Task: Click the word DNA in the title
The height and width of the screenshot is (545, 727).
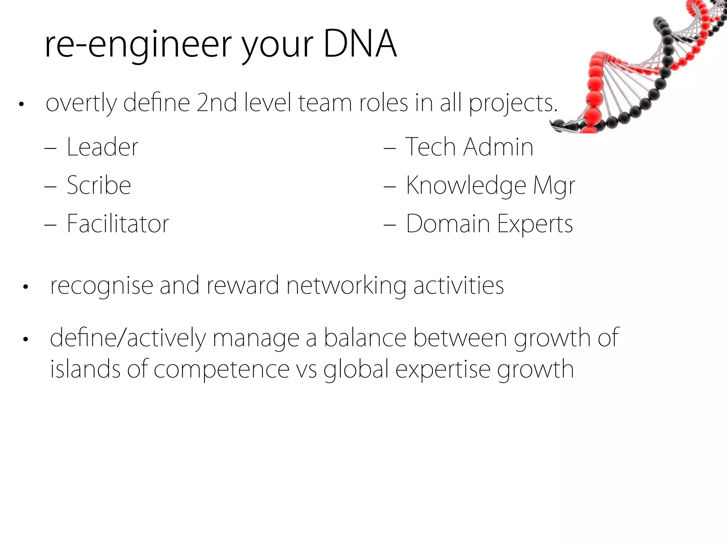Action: [360, 44]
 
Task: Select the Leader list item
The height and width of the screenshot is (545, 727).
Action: [102, 147]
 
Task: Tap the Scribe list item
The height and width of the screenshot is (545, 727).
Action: [99, 185]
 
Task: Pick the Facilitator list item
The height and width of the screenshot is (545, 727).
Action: [118, 224]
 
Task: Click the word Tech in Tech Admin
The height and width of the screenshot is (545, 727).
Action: [430, 147]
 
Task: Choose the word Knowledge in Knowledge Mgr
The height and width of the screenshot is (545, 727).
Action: [466, 186]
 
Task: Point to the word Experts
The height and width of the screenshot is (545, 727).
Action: [535, 224]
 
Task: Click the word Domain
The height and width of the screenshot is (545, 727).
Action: [448, 224]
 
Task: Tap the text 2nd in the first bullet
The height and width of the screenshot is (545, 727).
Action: [217, 103]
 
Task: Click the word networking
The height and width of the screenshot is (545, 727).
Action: [346, 286]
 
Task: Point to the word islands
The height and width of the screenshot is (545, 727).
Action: [85, 369]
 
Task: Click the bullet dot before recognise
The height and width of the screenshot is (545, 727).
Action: [25, 287]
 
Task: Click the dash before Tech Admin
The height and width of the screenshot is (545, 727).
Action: [389, 148]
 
